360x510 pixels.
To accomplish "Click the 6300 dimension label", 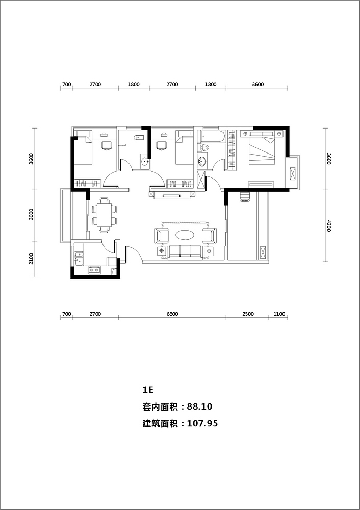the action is [x=172, y=314].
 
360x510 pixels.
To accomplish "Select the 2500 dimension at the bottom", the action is [x=248, y=314].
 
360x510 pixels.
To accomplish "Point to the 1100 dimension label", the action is [x=279, y=314].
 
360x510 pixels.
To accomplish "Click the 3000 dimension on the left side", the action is [x=31, y=215].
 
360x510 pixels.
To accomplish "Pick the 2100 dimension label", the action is [x=31, y=259].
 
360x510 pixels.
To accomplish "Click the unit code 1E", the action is [x=147, y=389].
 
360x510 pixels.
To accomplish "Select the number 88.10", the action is [x=201, y=406].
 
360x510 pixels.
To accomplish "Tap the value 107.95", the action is [x=202, y=423].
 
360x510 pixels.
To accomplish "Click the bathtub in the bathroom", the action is [x=213, y=137].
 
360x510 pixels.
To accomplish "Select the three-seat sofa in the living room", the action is [x=186, y=252].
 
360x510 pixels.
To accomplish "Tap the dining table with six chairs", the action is [x=104, y=215].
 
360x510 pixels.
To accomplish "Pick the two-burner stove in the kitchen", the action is [x=94, y=270].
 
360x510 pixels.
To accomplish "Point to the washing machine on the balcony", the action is [x=245, y=197].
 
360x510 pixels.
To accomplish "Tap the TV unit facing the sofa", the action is [x=171, y=195].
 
